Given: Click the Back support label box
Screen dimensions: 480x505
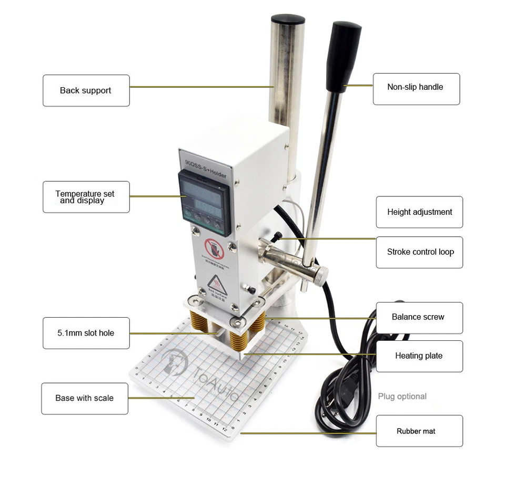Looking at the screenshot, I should (86, 90).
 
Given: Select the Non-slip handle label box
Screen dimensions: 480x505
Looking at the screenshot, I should (416, 88).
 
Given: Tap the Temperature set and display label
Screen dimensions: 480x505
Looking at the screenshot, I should (86, 197).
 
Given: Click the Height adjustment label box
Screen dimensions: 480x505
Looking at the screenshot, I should (419, 212).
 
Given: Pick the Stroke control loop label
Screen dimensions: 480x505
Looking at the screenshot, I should (419, 252).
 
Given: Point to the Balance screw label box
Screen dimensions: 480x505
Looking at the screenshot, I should (419, 317).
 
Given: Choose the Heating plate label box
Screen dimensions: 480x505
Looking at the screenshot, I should (419, 356).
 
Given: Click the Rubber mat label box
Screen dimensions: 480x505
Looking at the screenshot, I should (419, 431).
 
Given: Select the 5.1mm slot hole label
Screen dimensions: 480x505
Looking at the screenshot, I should (86, 333).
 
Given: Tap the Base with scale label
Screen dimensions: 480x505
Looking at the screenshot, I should (85, 398).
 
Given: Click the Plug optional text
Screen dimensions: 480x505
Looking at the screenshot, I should (402, 396).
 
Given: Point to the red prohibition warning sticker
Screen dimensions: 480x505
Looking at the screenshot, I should (215, 249).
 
